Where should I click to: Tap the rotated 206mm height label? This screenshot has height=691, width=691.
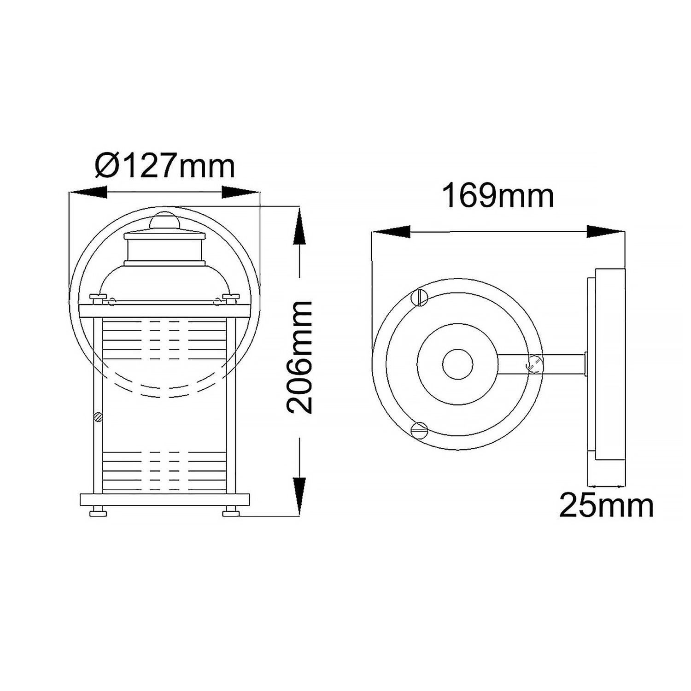[x=300, y=357]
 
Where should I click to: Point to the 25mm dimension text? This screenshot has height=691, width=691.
[x=606, y=506]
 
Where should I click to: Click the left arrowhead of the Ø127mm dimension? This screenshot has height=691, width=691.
[x=88, y=192]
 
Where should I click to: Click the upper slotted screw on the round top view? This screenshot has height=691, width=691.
[x=420, y=298]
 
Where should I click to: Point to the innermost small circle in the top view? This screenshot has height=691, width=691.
[x=457, y=364]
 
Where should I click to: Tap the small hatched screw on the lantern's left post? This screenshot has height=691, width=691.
[x=97, y=417]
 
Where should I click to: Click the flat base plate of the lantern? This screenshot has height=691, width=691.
[x=164, y=499]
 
